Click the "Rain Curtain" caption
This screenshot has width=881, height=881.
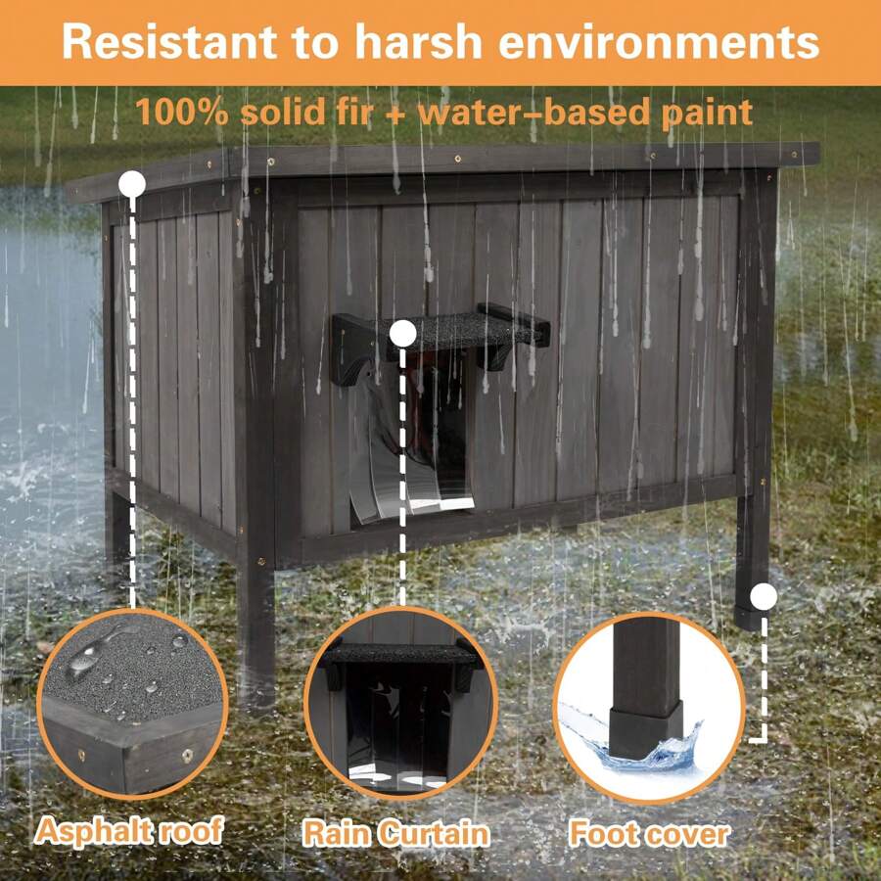point(394,833)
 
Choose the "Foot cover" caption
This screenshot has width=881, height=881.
point(649,834)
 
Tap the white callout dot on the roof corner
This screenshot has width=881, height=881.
point(131,183)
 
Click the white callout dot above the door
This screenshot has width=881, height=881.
point(401,334)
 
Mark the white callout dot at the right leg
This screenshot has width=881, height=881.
point(764,596)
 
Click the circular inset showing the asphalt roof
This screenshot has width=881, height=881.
point(132,701)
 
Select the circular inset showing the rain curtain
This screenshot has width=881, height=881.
point(399,701)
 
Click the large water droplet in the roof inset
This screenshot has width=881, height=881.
point(91,653)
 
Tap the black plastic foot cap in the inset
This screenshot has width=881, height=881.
point(645,732)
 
